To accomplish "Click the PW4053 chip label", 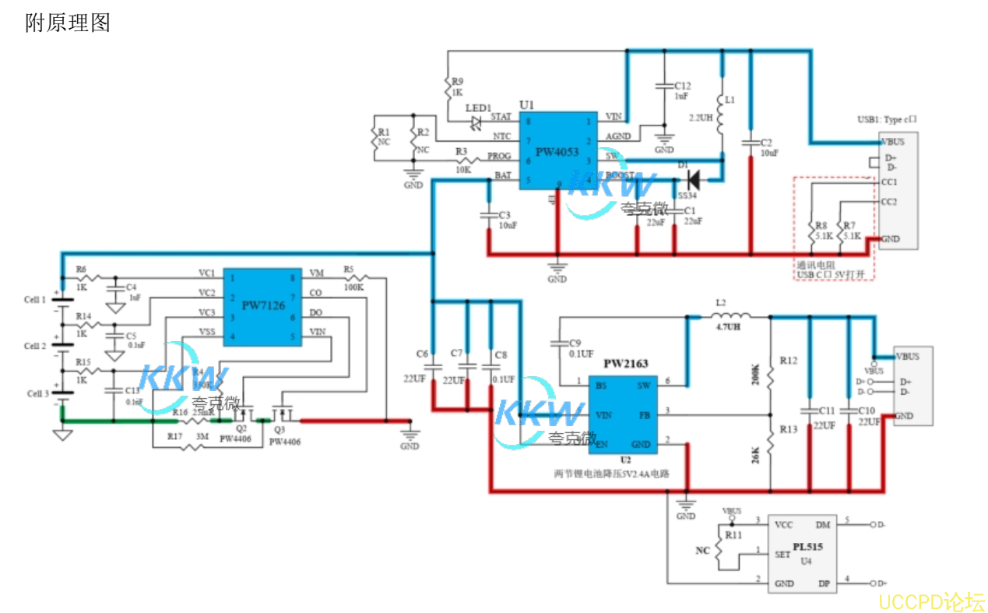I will tap(557, 153).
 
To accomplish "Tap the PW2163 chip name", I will tap(625, 364).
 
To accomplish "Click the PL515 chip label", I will tap(807, 548).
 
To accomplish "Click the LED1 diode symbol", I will tap(475, 122).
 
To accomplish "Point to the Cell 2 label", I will tap(35, 346).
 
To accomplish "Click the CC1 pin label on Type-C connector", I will tap(888, 182).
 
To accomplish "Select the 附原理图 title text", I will tap(68, 23).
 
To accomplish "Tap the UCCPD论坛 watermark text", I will tap(932, 601).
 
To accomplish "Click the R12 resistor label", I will tap(788, 361).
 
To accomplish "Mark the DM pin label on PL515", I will tap(822, 525).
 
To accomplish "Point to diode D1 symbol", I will tap(690, 179).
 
